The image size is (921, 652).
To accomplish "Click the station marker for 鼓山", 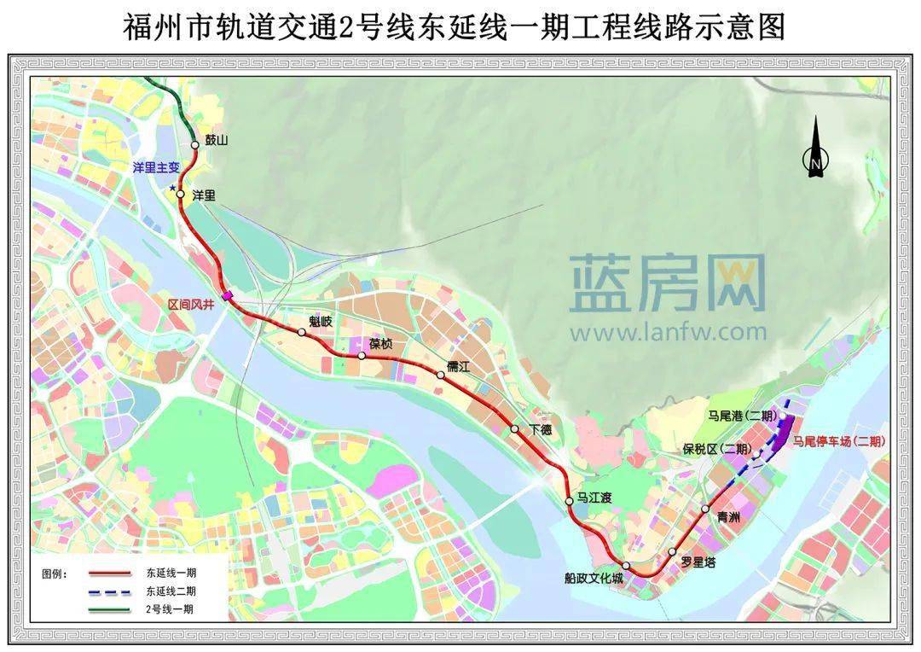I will (195, 145).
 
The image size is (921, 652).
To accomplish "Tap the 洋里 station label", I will (205, 195).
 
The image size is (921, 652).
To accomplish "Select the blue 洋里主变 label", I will (156, 168).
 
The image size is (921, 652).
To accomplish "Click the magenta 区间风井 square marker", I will (228, 296).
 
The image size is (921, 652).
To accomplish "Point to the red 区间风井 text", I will (191, 304).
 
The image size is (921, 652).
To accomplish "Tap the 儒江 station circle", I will (440, 374).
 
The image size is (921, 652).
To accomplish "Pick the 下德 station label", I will (540, 429).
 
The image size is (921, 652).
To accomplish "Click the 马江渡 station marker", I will (570, 501).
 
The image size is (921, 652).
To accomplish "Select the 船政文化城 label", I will (594, 579).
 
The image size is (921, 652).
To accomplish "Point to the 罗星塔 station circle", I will (672, 551).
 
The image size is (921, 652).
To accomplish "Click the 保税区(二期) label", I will (716, 449).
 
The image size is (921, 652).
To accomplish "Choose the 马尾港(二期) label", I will (741, 416).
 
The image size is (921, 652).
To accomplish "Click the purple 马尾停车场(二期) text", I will (838, 441).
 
